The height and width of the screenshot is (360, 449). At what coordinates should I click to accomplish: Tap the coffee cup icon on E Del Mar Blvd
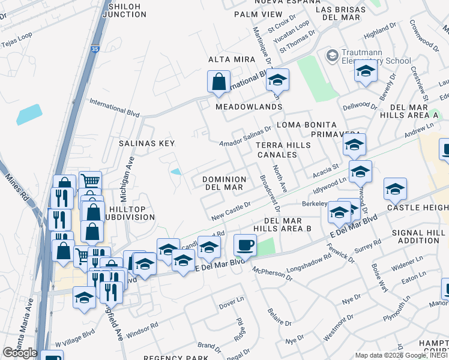(245, 245)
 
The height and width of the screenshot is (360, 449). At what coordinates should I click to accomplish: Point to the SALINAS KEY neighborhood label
(146, 143)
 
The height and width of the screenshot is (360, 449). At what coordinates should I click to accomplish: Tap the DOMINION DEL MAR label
(224, 183)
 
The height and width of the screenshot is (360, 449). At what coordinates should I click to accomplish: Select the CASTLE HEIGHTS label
(417, 207)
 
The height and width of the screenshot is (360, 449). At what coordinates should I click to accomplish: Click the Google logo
(20, 353)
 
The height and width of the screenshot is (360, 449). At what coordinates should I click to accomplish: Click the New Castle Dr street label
(230, 210)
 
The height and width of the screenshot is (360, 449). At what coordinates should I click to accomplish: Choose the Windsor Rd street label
(142, 328)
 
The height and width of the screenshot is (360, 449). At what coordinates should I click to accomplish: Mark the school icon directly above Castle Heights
(395, 188)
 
